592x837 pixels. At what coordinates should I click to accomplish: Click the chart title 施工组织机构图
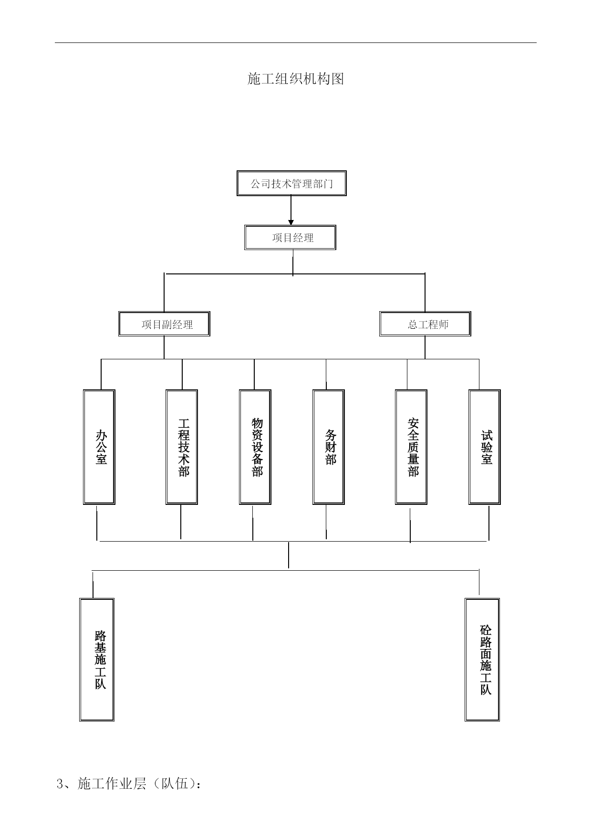tap(296, 79)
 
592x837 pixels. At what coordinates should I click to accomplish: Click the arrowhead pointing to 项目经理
tap(291, 222)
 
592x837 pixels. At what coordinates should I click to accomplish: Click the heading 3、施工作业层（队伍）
tap(129, 784)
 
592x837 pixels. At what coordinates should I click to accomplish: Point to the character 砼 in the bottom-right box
tap(486, 630)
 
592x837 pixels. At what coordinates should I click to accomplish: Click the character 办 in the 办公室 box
tap(101, 435)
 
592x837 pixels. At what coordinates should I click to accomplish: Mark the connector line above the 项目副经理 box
tap(164, 293)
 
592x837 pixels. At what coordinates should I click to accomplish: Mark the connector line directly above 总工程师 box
tap(425, 293)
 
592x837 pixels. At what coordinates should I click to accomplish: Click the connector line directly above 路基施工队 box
tap(93, 584)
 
